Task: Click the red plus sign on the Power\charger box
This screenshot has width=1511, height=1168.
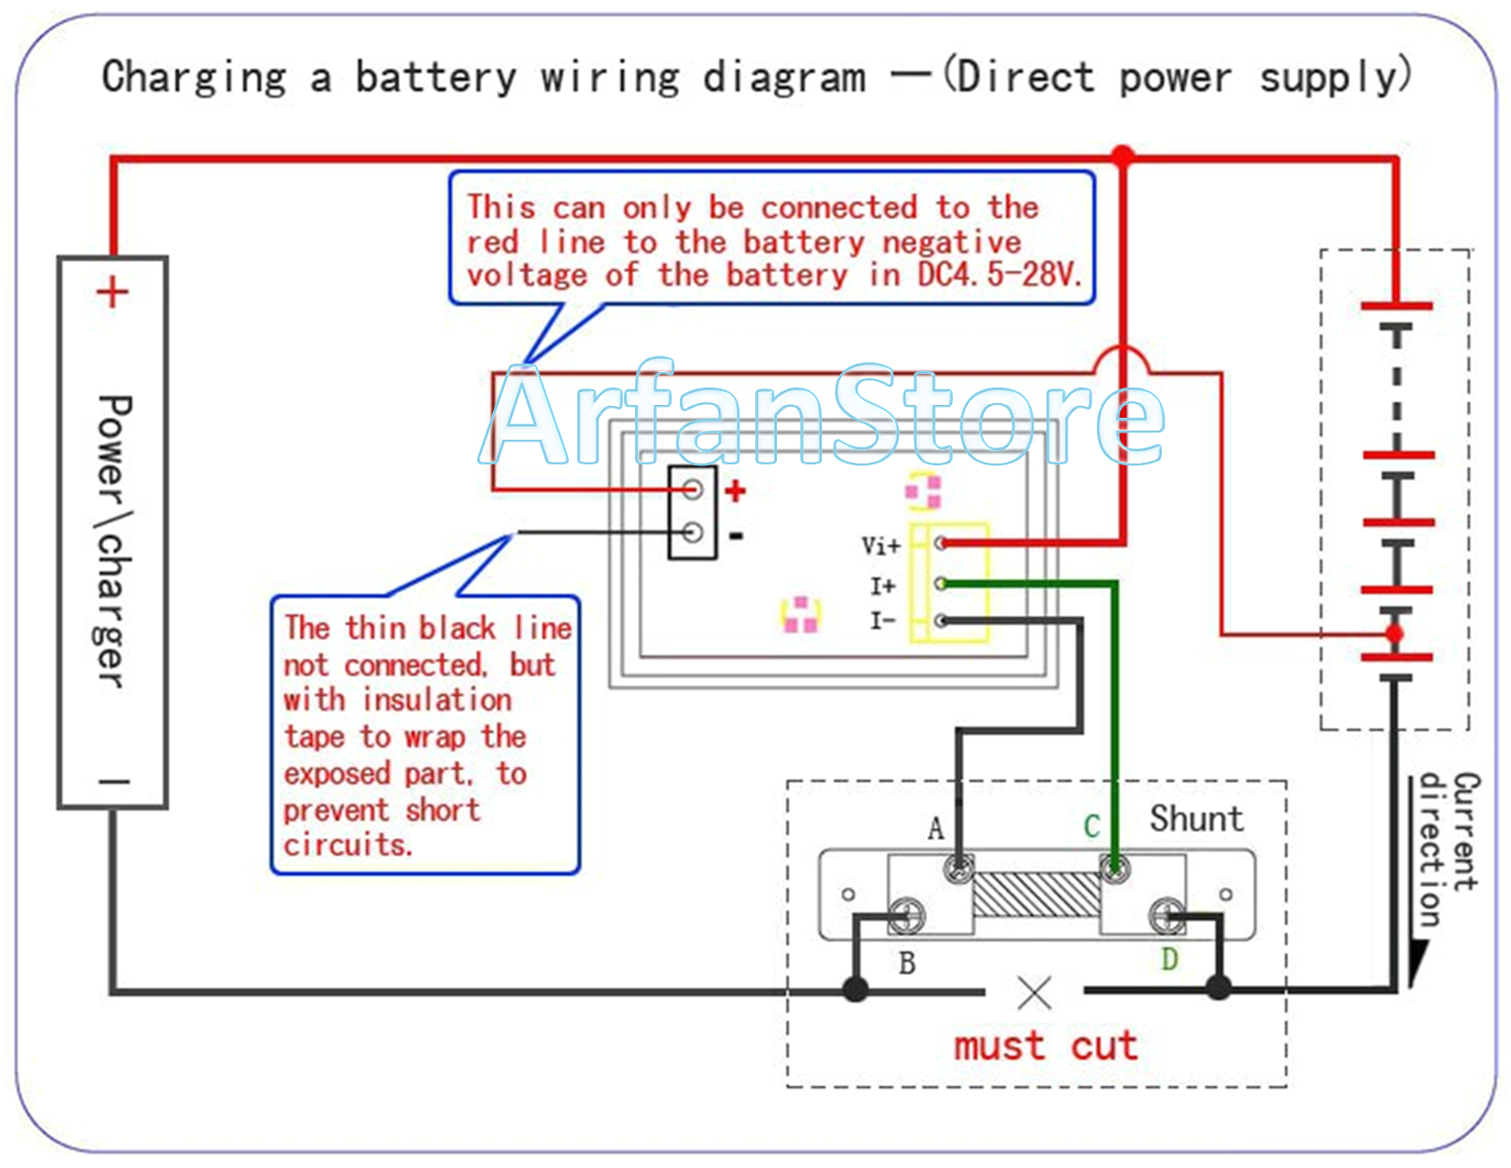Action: pos(113,293)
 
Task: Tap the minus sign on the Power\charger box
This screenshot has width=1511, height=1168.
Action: pos(115,782)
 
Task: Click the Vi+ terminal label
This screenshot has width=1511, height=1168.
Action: pos(881,547)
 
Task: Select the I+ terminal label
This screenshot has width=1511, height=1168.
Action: pos(882,585)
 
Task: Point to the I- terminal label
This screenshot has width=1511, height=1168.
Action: pos(882,622)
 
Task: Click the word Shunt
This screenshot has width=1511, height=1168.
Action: pos(1197,819)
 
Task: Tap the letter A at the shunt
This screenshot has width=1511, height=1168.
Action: pos(936,828)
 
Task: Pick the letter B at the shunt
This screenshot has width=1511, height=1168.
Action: pos(907,964)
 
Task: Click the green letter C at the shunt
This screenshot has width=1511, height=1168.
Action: pos(1091,826)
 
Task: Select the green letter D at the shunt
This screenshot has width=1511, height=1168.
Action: pos(1169,960)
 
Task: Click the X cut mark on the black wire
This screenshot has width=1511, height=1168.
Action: pos(1035,992)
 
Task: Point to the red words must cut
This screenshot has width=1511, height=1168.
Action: pos(1046,1046)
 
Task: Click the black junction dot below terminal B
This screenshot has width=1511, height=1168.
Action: pos(856,989)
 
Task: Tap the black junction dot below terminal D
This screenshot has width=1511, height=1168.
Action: pos(1219,988)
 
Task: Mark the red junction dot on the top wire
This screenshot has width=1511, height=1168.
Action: pos(1123,156)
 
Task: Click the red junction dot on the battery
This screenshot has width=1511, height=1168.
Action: pos(1395,634)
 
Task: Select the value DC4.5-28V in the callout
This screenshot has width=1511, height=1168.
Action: pos(1000,275)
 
